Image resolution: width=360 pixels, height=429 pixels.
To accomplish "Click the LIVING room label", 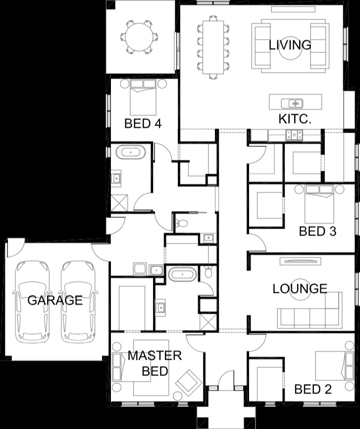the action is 290,45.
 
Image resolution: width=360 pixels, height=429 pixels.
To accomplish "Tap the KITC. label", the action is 295,119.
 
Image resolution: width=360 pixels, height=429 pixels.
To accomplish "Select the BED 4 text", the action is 143,123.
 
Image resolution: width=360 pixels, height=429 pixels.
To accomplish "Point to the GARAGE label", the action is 55,300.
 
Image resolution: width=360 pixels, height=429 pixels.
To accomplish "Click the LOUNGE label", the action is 300,288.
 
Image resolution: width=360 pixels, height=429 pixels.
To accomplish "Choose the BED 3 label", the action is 317,231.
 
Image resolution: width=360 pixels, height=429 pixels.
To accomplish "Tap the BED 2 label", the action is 313,389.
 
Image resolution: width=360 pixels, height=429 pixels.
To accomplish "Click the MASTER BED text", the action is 154,363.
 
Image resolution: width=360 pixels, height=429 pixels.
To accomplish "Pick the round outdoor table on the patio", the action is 139,37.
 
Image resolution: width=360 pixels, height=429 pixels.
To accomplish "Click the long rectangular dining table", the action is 213,47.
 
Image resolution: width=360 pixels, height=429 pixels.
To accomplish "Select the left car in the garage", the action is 32,302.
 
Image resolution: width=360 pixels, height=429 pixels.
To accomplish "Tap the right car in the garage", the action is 78,302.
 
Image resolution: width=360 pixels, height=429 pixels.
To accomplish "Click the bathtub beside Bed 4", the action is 131,152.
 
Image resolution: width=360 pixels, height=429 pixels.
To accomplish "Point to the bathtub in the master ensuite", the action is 182,274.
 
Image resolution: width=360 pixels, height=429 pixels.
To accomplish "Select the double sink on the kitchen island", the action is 292,103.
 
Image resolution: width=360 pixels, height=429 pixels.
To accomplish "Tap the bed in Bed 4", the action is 143,97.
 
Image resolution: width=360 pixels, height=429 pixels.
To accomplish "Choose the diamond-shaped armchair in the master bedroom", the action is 188,382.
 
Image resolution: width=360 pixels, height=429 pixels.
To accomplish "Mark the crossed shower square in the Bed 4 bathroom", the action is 119,203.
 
